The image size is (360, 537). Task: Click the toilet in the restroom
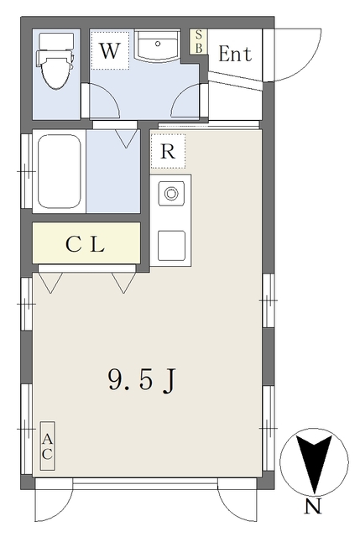55,61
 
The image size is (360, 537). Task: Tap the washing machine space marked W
110,50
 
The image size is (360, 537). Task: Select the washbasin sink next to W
158,46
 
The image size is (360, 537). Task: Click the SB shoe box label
199,42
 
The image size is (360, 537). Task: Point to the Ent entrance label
235,54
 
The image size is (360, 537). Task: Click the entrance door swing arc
308,65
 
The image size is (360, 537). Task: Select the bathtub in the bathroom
60,171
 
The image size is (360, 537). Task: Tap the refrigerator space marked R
168,151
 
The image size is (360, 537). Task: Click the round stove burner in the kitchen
171,194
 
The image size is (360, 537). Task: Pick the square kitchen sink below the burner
171,245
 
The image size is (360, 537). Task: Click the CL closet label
86,244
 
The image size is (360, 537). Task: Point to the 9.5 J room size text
142,380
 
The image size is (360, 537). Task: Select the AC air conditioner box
47,446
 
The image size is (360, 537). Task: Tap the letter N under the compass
313,506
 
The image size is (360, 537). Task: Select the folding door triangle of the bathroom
126,138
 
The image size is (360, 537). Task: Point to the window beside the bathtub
26,171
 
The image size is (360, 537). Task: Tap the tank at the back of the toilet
56,41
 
